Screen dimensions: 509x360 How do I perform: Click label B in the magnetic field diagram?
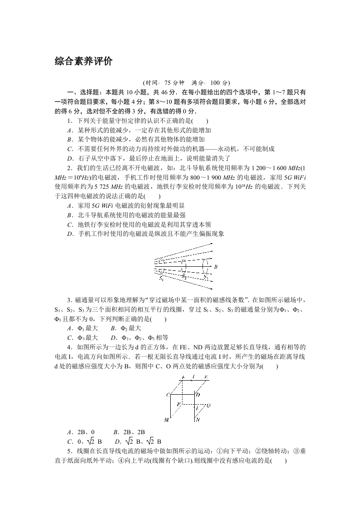(x=216, y=267)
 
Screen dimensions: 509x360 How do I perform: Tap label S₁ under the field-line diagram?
(x=161, y=279)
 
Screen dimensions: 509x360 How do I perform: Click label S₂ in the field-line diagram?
(x=184, y=276)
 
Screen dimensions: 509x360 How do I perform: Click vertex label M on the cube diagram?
(x=167, y=420)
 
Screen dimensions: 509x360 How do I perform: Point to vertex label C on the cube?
(x=168, y=395)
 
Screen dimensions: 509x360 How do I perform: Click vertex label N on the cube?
(x=197, y=420)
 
